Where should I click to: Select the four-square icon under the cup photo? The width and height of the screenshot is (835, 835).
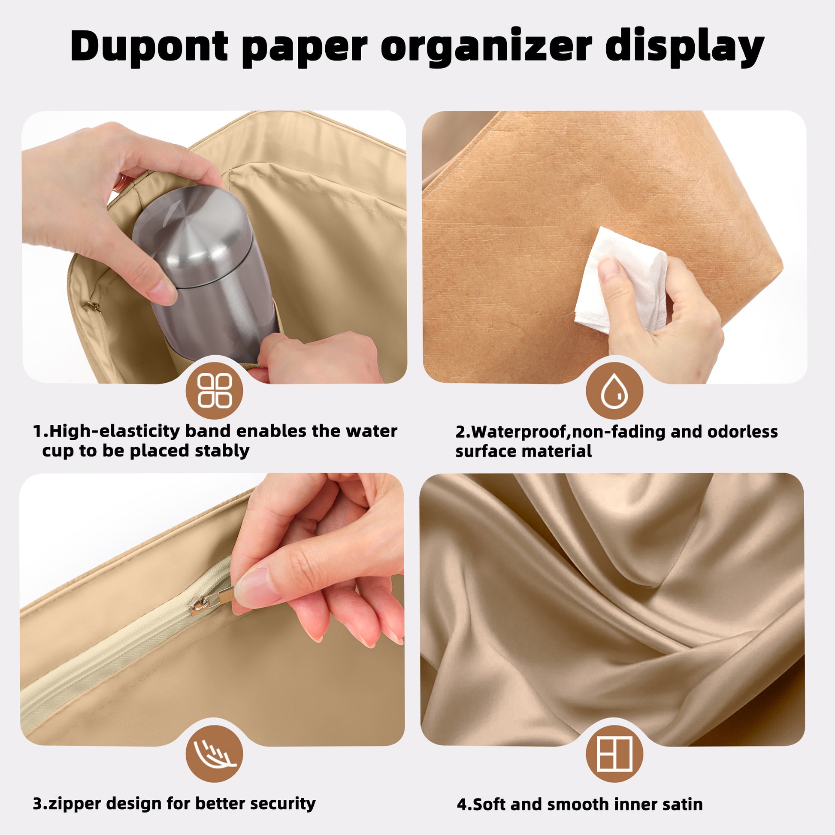coord(215,391)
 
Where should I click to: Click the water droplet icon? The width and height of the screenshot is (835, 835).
coord(614,391)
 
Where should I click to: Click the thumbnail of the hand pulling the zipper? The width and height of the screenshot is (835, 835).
coord(212,609)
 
